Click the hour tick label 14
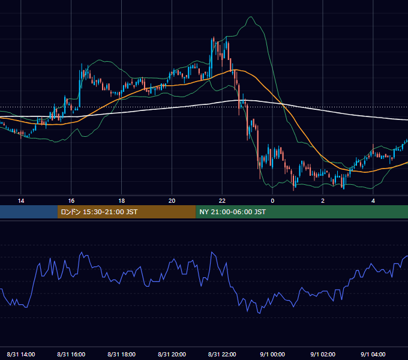(21, 201)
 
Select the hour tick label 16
(71, 201)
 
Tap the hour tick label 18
(122, 201)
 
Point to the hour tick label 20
(172, 201)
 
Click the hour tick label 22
(222, 201)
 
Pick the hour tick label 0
(272, 201)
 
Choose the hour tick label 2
(323, 201)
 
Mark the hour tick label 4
(373, 201)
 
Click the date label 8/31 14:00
(21, 354)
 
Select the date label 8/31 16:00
(71, 354)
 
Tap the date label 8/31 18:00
(122, 354)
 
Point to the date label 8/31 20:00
(172, 354)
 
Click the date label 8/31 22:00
(222, 354)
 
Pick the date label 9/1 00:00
(272, 354)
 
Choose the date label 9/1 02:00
(323, 354)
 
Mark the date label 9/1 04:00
(373, 354)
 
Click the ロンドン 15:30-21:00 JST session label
(99, 212)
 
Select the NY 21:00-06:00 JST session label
(232, 212)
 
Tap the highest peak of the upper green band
(251, 17)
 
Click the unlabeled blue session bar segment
(29, 212)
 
